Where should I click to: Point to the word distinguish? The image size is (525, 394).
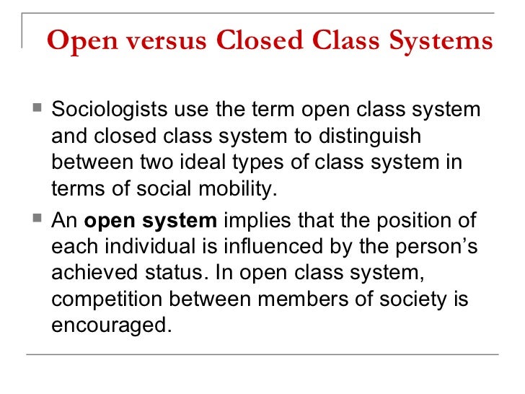point(376,136)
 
